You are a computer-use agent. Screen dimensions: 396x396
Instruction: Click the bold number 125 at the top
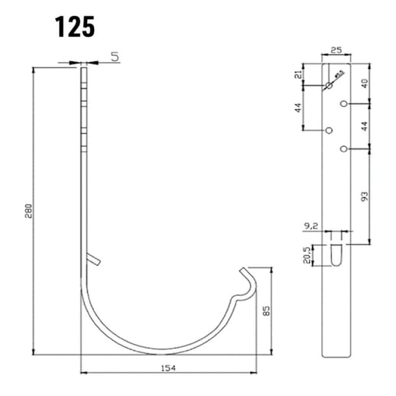click(74, 26)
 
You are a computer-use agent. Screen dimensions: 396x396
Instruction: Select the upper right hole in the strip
click(346, 102)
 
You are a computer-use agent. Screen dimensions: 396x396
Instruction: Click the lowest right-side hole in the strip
click(346, 147)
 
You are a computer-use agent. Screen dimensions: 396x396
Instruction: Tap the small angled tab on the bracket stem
click(93, 261)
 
